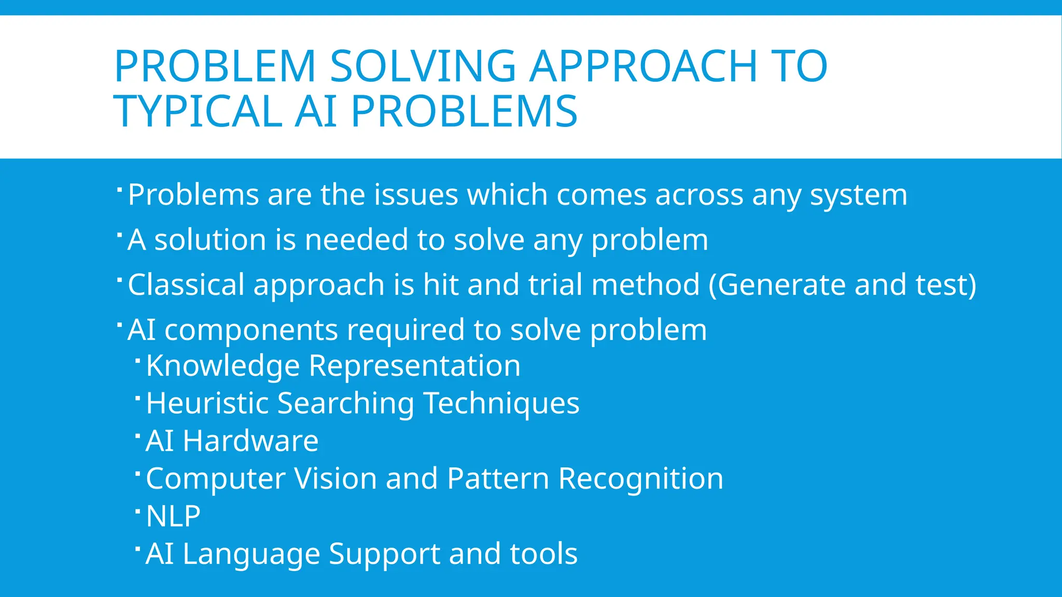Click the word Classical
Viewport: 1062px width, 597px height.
[186, 285]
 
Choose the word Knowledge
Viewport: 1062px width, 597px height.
[223, 366]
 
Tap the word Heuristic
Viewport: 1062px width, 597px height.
[207, 404]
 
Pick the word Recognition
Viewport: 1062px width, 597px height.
[640, 479]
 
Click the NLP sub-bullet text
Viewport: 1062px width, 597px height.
[173, 516]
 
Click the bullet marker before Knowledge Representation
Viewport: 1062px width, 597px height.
[137, 360]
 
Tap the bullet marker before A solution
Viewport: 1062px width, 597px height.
[119, 234]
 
